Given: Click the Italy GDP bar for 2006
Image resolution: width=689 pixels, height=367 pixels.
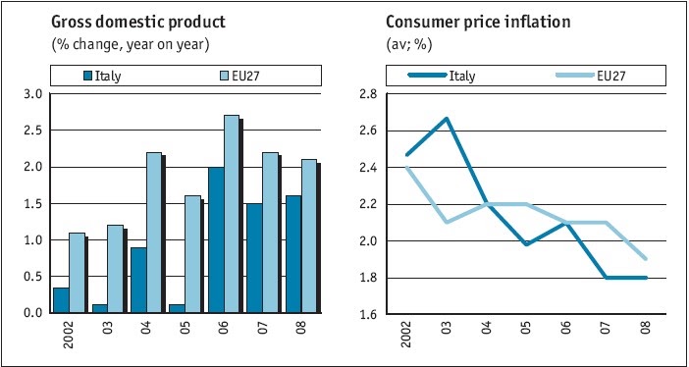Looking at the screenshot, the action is pos(216,240).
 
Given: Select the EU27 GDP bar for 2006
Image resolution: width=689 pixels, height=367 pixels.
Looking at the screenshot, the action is pos(232,214).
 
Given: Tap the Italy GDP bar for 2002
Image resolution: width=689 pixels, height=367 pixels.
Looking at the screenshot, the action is pos(61,300).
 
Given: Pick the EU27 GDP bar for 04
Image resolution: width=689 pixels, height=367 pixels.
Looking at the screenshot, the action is pos(154,233).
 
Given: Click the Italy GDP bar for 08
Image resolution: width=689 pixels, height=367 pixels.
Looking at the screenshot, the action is pos(293,254).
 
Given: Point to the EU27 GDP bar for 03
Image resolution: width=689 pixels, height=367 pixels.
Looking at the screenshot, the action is pos(116,269).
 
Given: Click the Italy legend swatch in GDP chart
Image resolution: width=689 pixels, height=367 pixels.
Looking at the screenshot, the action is pos(88,76).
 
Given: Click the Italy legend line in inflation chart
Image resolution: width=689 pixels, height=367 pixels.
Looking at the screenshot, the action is pos(426,76).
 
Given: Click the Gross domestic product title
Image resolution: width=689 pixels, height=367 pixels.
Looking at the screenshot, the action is pos(138,23).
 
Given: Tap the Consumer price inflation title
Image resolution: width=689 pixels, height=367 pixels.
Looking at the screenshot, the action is pos(478,23).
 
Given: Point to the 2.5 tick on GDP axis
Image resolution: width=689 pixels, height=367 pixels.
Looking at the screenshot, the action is pos(32,131).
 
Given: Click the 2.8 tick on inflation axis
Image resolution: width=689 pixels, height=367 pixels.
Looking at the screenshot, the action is pos(369,94).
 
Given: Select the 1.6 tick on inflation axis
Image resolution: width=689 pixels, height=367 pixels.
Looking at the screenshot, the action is pos(369,314).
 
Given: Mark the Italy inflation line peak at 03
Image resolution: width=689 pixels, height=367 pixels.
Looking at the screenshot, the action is pos(447,118).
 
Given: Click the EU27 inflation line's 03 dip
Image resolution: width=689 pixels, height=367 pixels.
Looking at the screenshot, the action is pos(447,222).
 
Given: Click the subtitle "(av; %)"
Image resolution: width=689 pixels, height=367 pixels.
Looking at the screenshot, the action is pos(408,45).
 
